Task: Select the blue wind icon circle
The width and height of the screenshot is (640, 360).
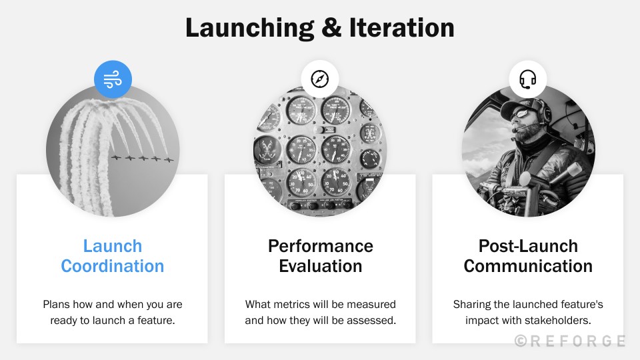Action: click(113, 79)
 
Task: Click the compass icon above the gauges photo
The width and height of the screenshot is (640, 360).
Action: click(320, 79)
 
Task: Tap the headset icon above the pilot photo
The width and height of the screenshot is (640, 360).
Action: click(528, 79)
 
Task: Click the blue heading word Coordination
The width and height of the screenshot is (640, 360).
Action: click(112, 266)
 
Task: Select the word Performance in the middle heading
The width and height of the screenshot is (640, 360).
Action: click(320, 246)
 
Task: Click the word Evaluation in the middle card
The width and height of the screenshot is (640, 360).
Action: click(320, 266)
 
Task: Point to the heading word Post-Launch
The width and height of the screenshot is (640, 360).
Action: click(528, 246)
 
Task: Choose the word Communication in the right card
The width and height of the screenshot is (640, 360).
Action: click(528, 266)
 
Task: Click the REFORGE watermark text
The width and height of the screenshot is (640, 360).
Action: click(570, 341)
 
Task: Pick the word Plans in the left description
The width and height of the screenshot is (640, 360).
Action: click(56, 304)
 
